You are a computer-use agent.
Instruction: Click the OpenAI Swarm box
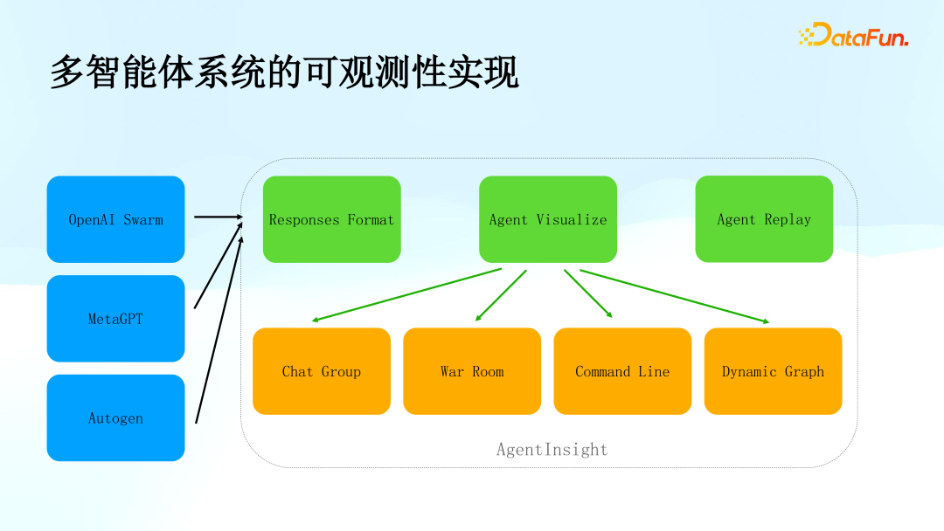[115, 219]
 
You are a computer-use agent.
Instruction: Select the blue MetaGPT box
[115, 319]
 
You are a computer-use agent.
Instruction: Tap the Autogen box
[115, 417]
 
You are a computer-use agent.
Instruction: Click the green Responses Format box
[331, 219]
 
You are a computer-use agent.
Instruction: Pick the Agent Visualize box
[548, 219]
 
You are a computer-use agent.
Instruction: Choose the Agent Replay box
[764, 219]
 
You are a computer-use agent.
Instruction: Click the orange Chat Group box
[322, 371]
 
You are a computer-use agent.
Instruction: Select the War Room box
[472, 371]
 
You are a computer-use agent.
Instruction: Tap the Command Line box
[622, 371]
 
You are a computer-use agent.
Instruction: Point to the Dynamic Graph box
[773, 371]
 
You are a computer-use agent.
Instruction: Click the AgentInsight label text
[552, 450]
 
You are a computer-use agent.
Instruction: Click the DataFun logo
[853, 35]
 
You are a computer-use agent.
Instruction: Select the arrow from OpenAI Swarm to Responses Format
[217, 217]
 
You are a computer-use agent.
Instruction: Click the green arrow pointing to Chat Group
[406, 295]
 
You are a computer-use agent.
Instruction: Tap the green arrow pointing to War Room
[501, 295]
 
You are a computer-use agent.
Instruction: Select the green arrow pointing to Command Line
[587, 293]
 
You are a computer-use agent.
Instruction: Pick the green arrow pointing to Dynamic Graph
[674, 296]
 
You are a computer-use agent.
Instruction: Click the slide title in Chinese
[284, 72]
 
